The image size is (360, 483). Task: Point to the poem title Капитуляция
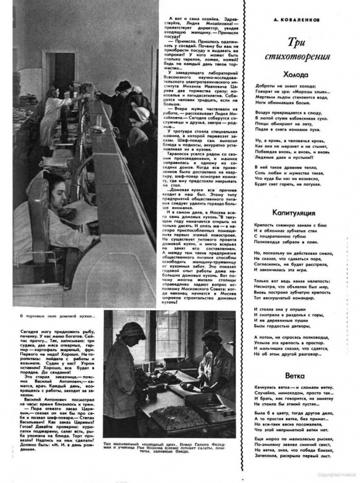[x=293, y=213]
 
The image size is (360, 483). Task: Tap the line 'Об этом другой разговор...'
[x=284, y=354]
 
